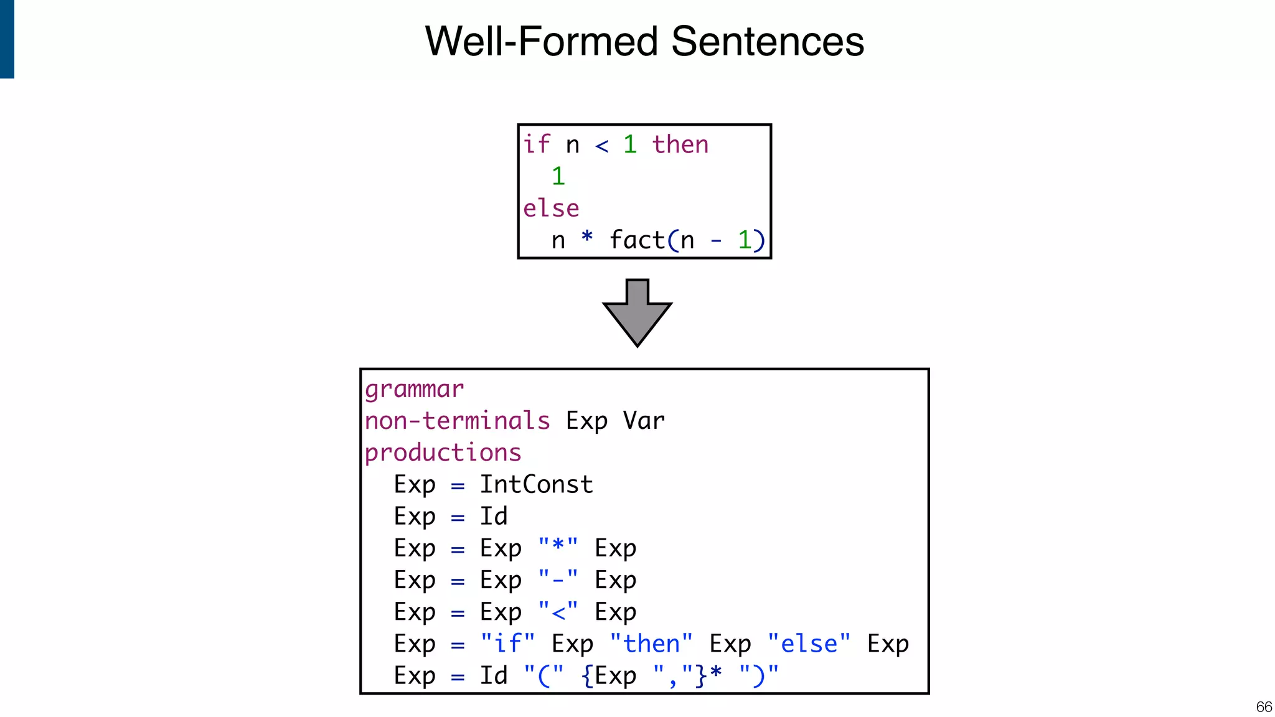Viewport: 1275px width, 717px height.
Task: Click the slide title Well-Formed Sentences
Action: [644, 42]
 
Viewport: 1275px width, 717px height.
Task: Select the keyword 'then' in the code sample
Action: [680, 145]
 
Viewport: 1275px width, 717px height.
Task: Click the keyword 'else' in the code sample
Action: [551, 209]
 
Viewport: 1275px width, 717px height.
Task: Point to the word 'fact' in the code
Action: [637, 240]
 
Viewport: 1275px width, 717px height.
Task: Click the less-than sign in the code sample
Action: [601, 146]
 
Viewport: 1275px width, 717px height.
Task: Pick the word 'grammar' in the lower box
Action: [414, 390]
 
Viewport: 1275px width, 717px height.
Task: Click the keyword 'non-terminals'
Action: [457, 421]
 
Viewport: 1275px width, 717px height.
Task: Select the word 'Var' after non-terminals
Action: [644, 421]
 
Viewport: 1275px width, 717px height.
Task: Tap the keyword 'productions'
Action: [443, 453]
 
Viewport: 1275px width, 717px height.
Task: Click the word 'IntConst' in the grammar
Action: [536, 485]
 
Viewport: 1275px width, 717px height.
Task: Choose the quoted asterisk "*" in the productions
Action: [558, 547]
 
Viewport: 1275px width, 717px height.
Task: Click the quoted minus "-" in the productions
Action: [558, 580]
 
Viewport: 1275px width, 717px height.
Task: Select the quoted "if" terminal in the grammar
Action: [507, 644]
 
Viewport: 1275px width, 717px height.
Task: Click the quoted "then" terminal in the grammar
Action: [651, 644]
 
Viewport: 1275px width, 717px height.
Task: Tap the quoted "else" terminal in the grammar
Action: [809, 644]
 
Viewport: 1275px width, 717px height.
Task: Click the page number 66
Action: [1264, 707]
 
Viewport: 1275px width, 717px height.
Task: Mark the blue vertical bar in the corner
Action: [7, 39]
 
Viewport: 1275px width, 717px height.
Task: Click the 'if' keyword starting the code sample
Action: [536, 145]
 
